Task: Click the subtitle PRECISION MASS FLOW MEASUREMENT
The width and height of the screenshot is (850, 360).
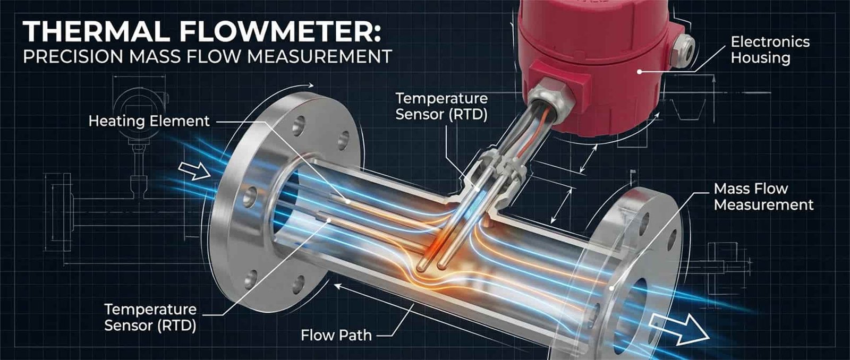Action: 207,56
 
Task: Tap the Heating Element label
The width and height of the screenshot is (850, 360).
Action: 149,121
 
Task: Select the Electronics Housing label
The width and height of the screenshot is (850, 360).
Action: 770,49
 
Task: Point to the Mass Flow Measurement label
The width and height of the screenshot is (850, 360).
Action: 763,196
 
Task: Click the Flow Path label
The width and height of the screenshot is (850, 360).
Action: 336,336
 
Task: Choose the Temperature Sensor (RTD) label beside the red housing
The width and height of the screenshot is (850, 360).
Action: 441,106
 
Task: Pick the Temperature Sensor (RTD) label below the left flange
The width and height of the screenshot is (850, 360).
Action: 150,317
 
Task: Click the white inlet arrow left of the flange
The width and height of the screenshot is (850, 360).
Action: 194,171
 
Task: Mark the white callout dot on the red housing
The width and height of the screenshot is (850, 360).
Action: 641,71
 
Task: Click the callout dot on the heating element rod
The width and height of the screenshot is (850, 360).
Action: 347,201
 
